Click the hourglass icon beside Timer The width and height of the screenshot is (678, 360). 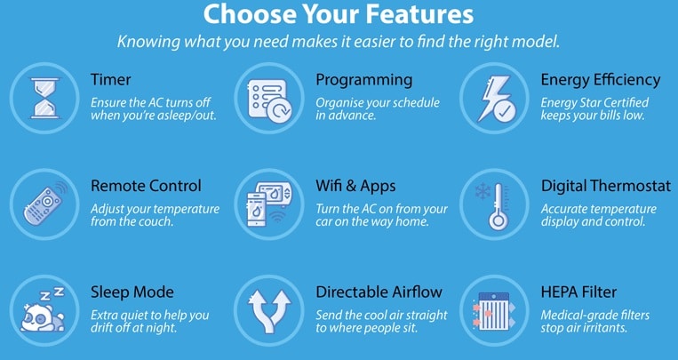(44, 98)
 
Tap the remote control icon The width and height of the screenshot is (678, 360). (44, 204)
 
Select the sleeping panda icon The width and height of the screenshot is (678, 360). (43, 312)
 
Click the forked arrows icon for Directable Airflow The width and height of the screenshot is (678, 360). (270, 311)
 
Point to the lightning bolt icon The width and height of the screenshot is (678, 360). (496, 99)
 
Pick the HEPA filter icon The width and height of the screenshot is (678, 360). (494, 311)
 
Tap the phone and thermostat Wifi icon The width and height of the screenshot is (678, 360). (269, 204)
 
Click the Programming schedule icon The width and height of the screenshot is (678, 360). (269, 100)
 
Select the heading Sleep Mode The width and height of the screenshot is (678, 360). (132, 292)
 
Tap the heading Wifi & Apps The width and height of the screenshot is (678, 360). (355, 186)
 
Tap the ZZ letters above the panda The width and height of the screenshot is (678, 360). (52, 294)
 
